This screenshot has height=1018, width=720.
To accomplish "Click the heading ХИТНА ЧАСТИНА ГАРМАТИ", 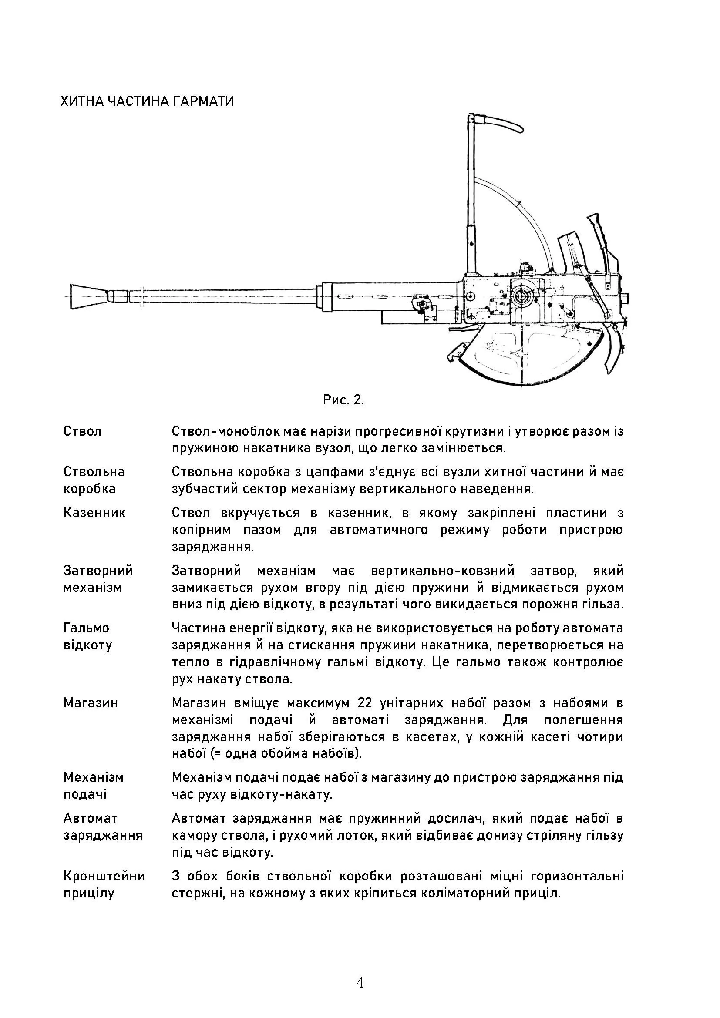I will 147,101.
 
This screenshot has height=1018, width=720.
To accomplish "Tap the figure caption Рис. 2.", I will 343,400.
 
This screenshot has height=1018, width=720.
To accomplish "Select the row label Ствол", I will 82,431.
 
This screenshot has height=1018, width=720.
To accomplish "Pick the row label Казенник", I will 94,513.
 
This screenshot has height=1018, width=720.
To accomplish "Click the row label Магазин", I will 91,703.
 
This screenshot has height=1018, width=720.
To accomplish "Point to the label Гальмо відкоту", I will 87,636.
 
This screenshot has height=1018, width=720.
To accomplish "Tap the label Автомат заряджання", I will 103,826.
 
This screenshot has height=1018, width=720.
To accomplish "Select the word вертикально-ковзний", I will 442,571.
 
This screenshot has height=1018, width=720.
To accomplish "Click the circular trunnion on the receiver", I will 523,294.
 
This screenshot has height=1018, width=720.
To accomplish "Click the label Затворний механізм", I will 98,579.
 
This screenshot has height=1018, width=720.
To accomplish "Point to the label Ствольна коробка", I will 94,480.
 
